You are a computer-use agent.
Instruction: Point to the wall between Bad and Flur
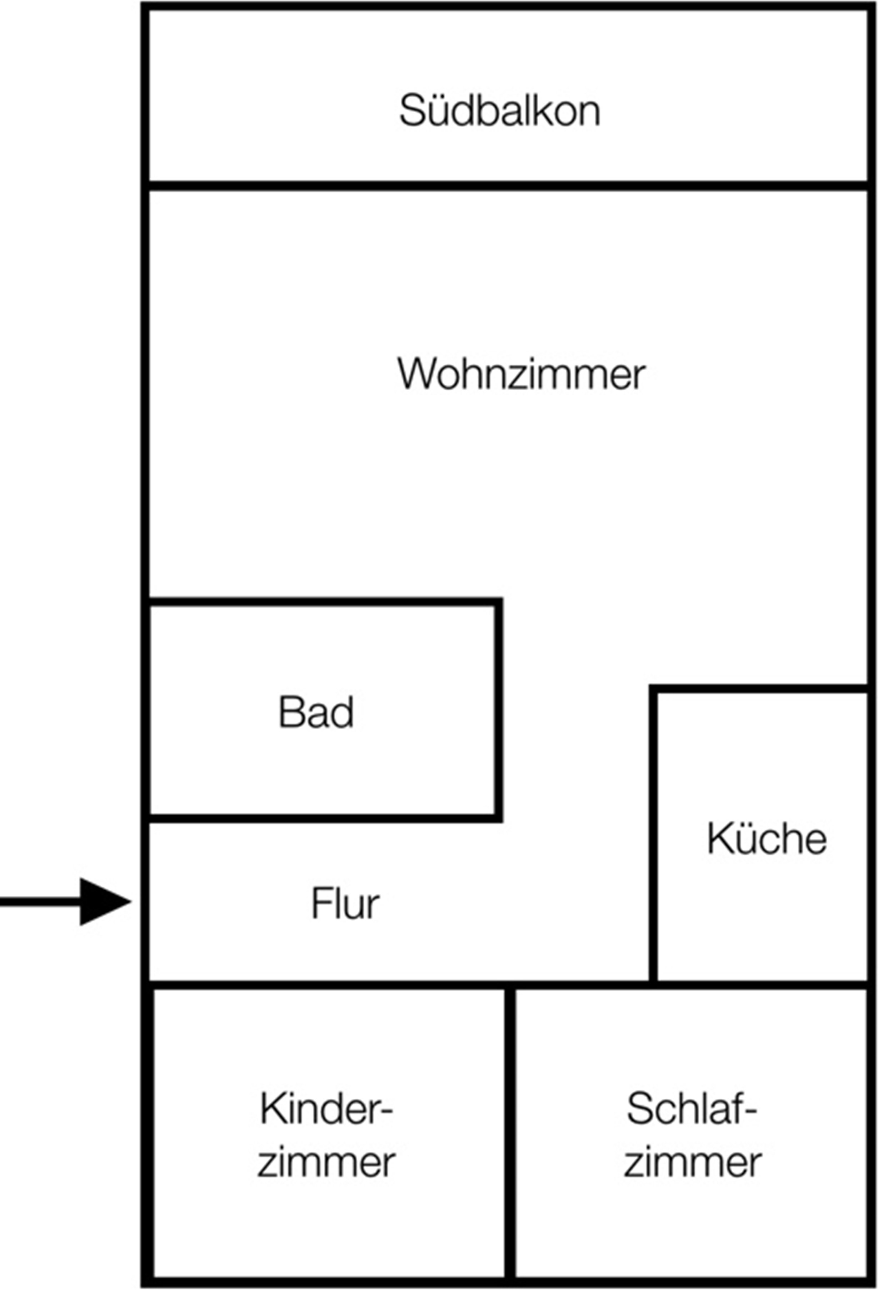325,818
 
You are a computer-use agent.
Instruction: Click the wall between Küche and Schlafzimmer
761,985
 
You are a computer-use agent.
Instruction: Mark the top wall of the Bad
325,602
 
